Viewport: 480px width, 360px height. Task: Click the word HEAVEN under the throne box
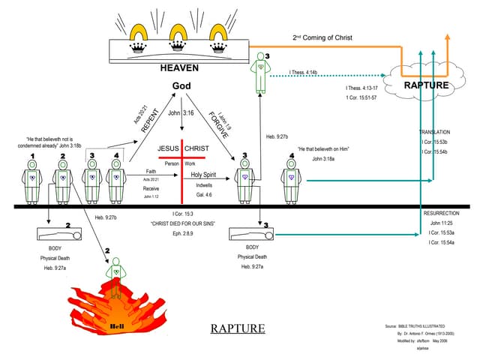(x=178, y=67)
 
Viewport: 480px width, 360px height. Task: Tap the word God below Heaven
(x=182, y=86)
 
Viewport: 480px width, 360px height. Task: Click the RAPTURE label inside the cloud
(x=426, y=85)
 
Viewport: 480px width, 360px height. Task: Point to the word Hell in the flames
(x=116, y=326)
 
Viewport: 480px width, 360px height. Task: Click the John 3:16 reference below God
(x=182, y=113)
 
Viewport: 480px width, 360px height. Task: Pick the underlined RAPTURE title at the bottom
(x=237, y=328)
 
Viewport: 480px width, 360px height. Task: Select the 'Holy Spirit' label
(x=203, y=174)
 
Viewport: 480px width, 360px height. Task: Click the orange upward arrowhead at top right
(x=448, y=37)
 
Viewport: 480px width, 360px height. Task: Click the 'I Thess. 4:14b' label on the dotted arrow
(x=304, y=73)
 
